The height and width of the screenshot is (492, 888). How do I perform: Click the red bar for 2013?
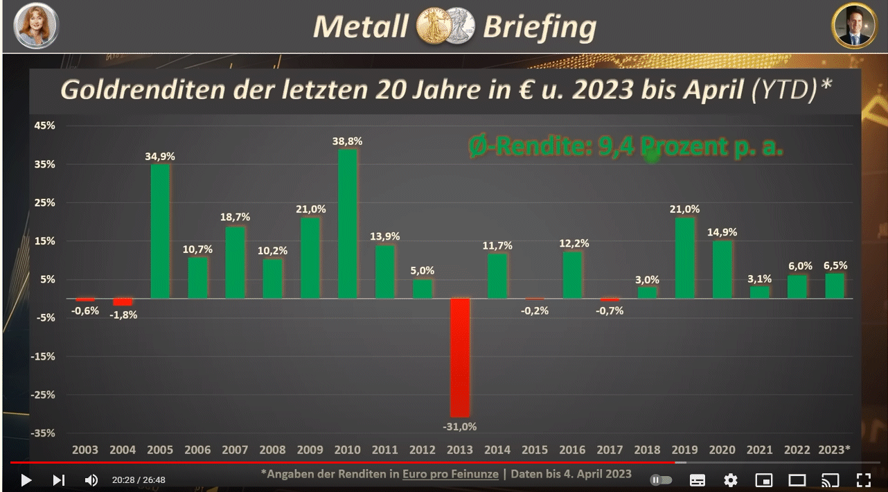pos(460,357)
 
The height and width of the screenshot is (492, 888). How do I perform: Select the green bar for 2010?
pos(348,224)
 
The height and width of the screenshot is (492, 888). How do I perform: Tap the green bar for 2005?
pos(161,231)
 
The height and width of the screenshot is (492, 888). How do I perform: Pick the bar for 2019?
pos(685,258)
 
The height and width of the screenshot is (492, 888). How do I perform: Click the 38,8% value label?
pos(348,141)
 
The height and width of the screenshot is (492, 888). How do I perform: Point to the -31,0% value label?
pos(460,427)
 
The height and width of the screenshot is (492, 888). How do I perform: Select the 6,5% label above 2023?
pos(834,265)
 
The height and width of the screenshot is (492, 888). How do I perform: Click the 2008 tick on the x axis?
pos(272,450)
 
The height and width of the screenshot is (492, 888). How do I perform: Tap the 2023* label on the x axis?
pos(834,450)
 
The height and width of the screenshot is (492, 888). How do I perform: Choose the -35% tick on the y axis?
pos(44,433)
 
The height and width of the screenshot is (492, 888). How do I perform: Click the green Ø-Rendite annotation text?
pos(625,147)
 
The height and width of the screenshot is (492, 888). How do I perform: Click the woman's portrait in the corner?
pos(37,26)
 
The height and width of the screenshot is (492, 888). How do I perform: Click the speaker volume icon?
pos(91,480)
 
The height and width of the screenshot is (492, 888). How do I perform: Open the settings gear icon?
pos(730,480)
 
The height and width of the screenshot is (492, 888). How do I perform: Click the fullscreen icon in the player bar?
pos(863,480)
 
